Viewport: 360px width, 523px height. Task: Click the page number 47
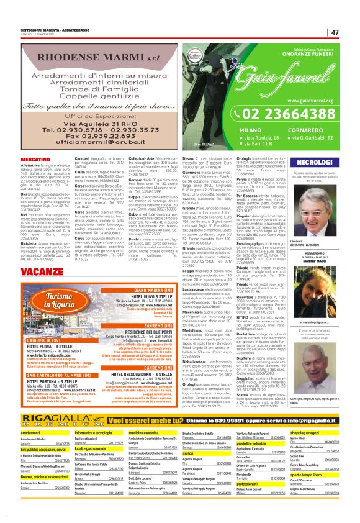[x=335, y=33]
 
